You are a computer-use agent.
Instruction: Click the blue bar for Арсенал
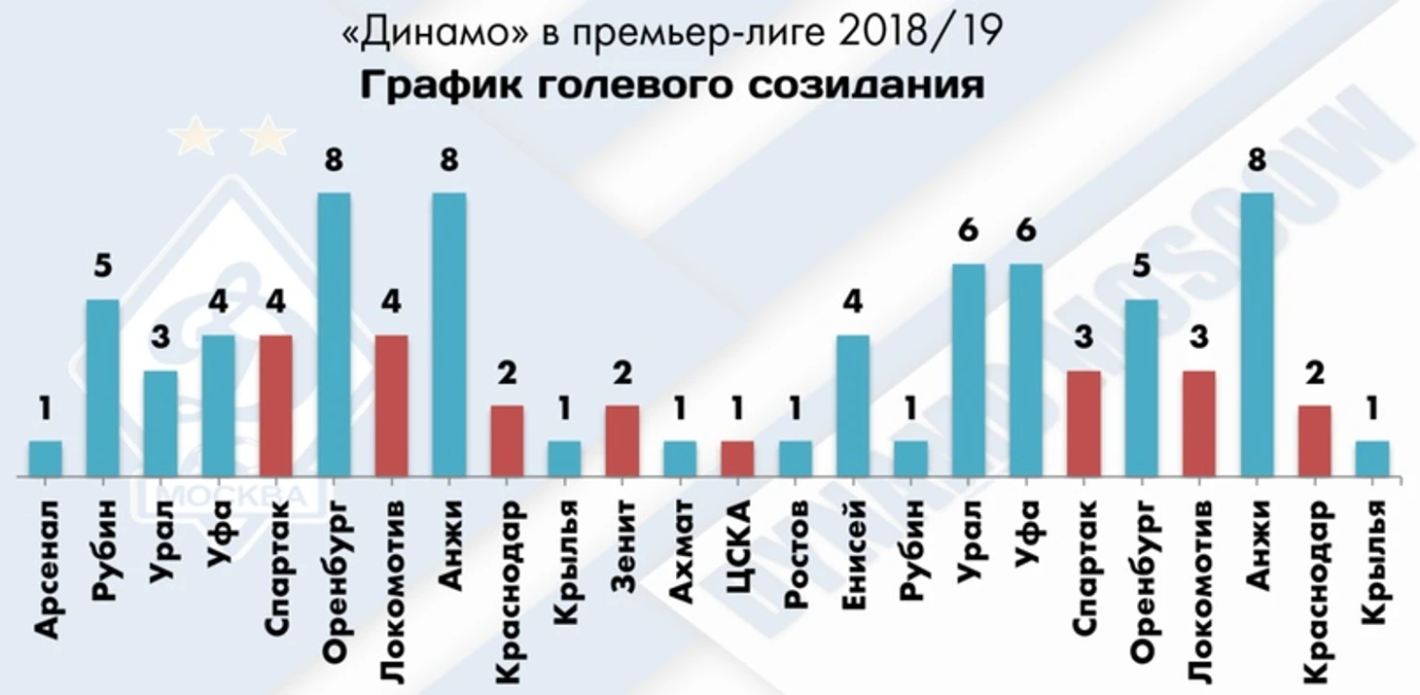pyautogui.click(x=46, y=459)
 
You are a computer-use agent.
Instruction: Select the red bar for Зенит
pyautogui.click(x=622, y=441)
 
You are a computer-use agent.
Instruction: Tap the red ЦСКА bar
pyautogui.click(x=737, y=459)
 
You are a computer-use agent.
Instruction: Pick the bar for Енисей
pyautogui.click(x=853, y=406)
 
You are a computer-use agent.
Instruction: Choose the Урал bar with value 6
pyautogui.click(x=969, y=370)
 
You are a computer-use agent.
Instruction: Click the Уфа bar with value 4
pyautogui.click(x=219, y=406)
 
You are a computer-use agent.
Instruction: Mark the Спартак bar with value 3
pyautogui.click(x=1083, y=424)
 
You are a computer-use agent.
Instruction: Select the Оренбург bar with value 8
pyautogui.click(x=334, y=335)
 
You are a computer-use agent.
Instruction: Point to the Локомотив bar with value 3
pyautogui.click(x=1199, y=424)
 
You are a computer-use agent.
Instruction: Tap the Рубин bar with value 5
pyautogui.click(x=103, y=389)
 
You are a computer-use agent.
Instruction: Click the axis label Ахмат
pyautogui.click(x=681, y=547)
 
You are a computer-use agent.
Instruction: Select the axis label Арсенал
pyautogui.click(x=46, y=568)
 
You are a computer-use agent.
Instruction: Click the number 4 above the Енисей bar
pyautogui.click(x=853, y=302)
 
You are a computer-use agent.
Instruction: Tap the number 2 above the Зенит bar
pyautogui.click(x=622, y=373)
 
